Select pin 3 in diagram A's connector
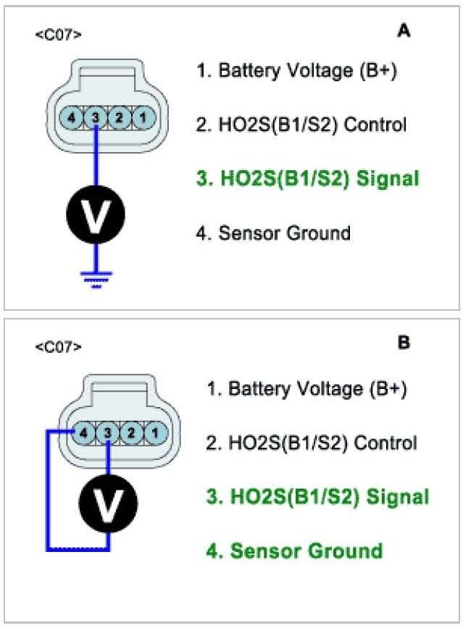pyautogui.click(x=96, y=117)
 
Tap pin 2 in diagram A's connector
pyautogui.click(x=120, y=117)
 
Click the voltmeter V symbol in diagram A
pyautogui.click(x=96, y=214)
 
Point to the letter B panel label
pyautogui.click(x=404, y=343)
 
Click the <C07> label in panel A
pyautogui.click(x=58, y=34)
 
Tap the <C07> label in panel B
pyautogui.click(x=58, y=347)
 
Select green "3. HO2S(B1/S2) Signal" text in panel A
pyautogui.click(x=308, y=178)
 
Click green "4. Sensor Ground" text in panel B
pyautogui.click(x=296, y=550)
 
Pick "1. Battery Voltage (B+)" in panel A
pyautogui.click(x=297, y=71)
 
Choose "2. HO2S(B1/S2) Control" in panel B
pyautogui.click(x=312, y=442)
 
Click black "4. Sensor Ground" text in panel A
pyautogui.click(x=274, y=233)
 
